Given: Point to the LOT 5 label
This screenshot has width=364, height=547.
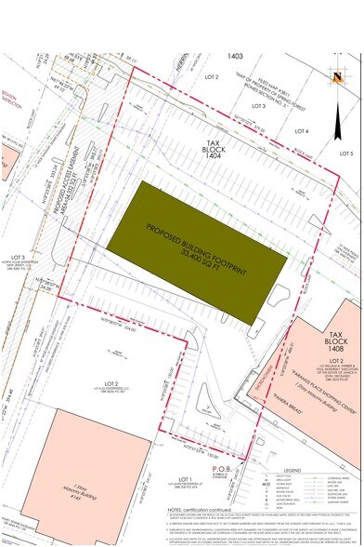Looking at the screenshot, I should [x=346, y=153].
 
